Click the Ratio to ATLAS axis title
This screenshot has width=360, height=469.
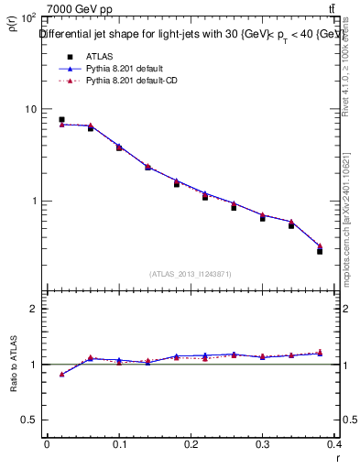(x=13, y=366)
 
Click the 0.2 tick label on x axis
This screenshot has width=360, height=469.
(x=191, y=446)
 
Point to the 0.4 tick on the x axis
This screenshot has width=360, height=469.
(x=335, y=446)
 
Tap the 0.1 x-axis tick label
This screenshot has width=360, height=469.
(x=119, y=446)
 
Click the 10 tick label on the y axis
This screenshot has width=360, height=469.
(x=30, y=109)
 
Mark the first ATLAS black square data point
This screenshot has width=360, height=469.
(x=61, y=119)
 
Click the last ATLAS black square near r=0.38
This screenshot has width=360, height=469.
(x=320, y=250)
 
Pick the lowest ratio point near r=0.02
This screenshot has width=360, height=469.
(x=61, y=374)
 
